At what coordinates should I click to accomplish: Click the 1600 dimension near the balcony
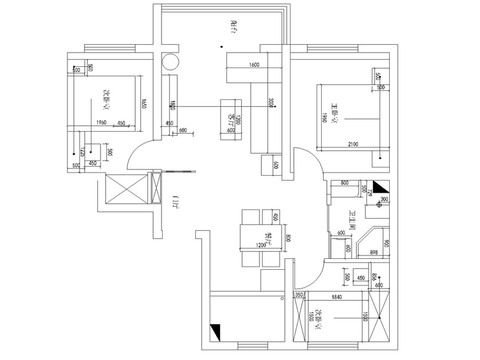click(x=254, y=64)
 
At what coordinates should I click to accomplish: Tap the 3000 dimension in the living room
click(x=272, y=102)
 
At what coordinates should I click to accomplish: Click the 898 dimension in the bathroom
click(x=374, y=253)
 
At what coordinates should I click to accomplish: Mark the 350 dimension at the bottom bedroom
click(x=299, y=296)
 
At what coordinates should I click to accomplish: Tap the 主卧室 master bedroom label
click(x=335, y=111)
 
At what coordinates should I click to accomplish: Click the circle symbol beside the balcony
click(x=169, y=62)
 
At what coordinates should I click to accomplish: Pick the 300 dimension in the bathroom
click(x=383, y=199)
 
